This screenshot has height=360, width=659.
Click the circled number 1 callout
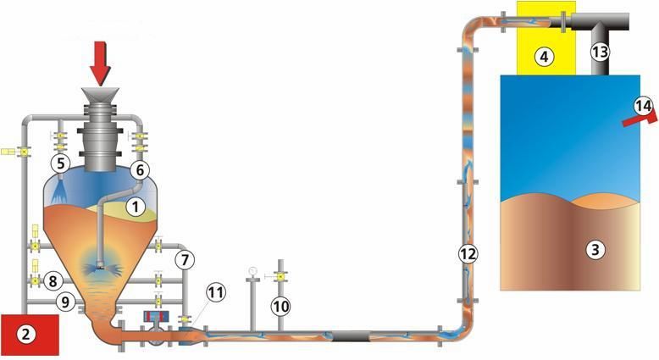[x=136, y=207]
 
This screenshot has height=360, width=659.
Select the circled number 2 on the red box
[x=26, y=335]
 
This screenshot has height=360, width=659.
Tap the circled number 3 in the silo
[x=595, y=250]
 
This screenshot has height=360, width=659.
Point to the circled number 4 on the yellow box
[x=545, y=56]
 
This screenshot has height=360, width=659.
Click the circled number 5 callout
[x=61, y=163]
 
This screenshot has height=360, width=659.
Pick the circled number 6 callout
[x=140, y=170]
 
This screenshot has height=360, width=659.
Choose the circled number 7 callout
[x=185, y=260]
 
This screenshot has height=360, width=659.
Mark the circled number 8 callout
[x=53, y=281]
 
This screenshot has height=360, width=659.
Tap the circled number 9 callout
[x=65, y=302]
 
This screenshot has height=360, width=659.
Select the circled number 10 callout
[x=280, y=307]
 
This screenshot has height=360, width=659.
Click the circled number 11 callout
[x=216, y=292]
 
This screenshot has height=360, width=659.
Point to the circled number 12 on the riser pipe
[x=468, y=254]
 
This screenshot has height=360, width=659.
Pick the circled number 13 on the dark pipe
[x=600, y=52]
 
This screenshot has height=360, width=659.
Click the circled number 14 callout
[x=644, y=106]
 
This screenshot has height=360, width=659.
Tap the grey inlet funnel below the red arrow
[x=101, y=96]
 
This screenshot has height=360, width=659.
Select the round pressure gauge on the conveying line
[x=252, y=270]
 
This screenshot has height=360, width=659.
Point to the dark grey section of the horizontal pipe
[x=351, y=336]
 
